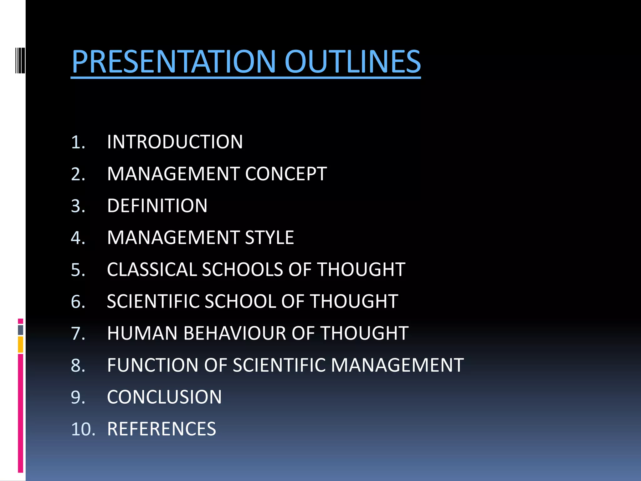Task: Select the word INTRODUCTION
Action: click(175, 142)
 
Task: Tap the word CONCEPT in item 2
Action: click(286, 174)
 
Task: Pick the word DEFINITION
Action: click(157, 206)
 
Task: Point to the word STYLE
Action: click(269, 238)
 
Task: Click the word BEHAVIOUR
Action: click(235, 333)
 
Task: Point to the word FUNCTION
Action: click(153, 365)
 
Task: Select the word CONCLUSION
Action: click(164, 397)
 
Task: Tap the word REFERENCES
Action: click(162, 429)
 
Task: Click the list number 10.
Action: click(83, 429)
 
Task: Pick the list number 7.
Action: click(78, 333)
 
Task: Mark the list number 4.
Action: click(78, 238)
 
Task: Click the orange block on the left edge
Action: click(21, 344)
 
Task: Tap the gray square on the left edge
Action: click(21, 330)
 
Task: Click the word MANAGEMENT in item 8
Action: click(397, 365)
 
